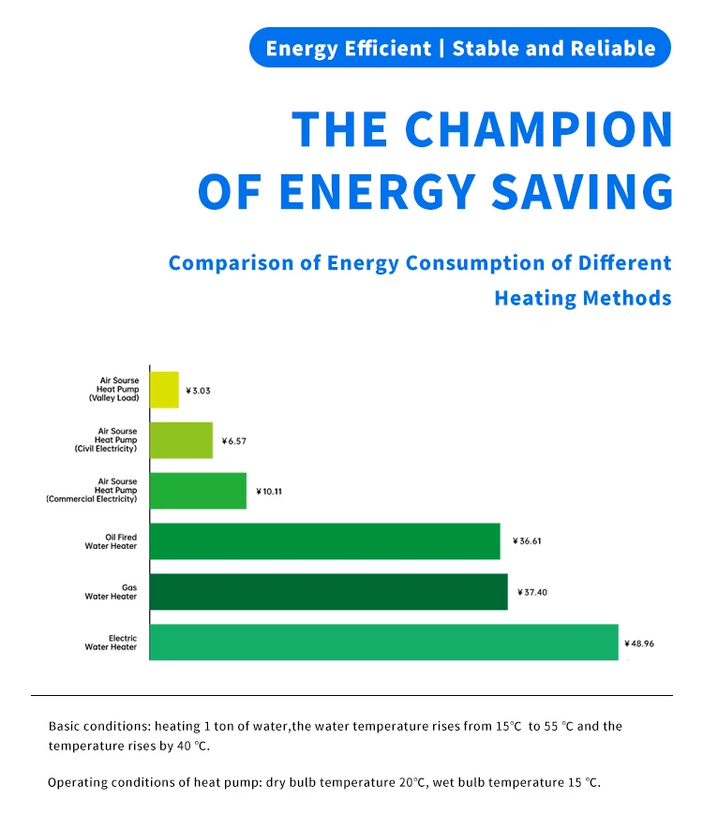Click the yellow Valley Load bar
click(164, 389)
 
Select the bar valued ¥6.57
click(181, 440)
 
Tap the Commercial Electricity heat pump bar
click(198, 491)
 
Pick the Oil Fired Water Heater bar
click(324, 541)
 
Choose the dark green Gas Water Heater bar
click(328, 592)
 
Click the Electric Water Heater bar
click(383, 643)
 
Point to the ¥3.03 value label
click(198, 390)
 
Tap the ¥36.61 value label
click(528, 541)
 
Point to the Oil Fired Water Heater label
click(111, 541)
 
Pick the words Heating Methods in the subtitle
click(583, 298)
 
